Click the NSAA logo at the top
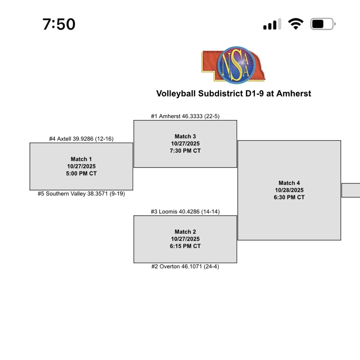(x=233, y=65)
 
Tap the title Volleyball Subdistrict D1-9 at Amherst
(x=233, y=93)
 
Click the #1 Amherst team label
(x=185, y=116)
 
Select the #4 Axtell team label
(x=81, y=139)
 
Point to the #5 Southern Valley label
(x=81, y=194)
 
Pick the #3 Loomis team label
(x=185, y=211)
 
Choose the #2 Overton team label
(x=185, y=267)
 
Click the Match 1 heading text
(x=81, y=159)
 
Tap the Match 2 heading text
(x=185, y=232)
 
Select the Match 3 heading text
(x=185, y=136)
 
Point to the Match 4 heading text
(x=289, y=183)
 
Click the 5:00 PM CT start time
(x=81, y=174)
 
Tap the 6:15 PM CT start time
(x=185, y=246)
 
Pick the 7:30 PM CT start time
(x=185, y=151)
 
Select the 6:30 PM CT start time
(x=289, y=197)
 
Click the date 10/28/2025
(x=289, y=190)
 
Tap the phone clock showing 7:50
(x=59, y=24)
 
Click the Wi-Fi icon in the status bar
(x=296, y=24)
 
